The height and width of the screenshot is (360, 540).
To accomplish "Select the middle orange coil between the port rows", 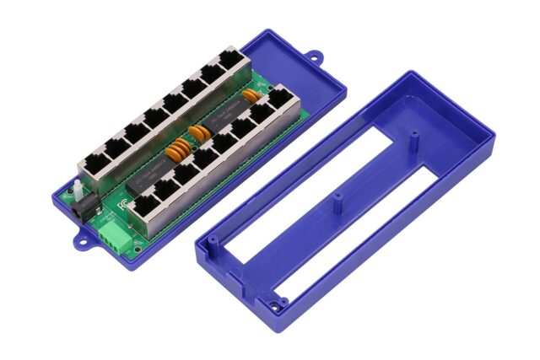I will pyautogui.click(x=199, y=132).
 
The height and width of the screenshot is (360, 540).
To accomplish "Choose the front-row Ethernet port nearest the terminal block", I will pyautogui.click(x=145, y=202).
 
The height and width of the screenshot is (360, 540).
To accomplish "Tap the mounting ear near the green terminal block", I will pyautogui.click(x=83, y=243).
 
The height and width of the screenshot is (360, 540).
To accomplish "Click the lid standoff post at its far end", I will pyautogui.click(x=413, y=133).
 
